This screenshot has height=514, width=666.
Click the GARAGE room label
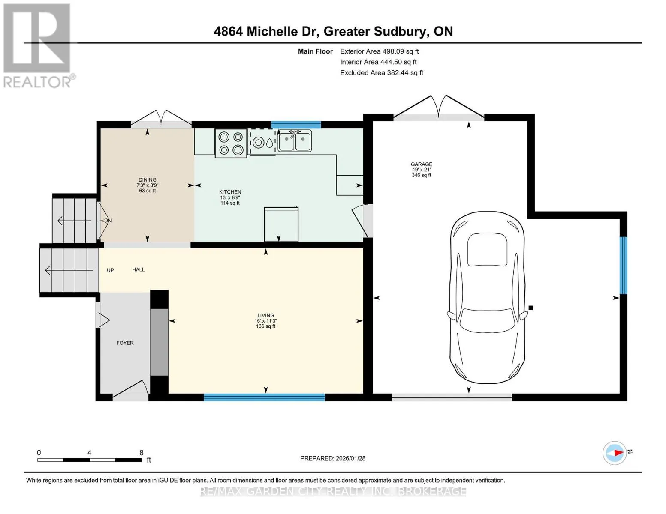click(422, 164)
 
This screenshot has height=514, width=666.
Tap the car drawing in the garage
click(487, 297)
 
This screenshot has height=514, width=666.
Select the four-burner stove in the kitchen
click(231, 143)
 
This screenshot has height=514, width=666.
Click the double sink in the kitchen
click(295, 141)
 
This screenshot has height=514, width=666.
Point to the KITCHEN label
click(230, 192)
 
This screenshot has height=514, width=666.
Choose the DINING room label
click(148, 180)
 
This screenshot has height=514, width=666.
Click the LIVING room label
click(266, 315)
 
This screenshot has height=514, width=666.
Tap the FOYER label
click(125, 343)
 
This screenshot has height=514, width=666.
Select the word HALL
click(139, 269)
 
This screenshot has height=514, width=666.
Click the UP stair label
click(110, 270)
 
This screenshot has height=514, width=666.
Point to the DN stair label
click(108, 221)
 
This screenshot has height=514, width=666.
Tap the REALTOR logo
click(38, 46)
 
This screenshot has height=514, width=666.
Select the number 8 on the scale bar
click(141, 452)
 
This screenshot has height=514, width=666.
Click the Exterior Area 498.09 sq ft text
click(380, 51)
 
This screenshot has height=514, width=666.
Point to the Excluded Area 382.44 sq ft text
click(382, 73)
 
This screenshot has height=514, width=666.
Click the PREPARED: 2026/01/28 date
click(333, 458)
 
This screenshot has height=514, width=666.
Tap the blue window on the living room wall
click(264, 397)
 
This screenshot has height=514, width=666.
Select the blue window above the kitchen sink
click(296, 125)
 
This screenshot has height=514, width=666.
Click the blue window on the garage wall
click(624, 265)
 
